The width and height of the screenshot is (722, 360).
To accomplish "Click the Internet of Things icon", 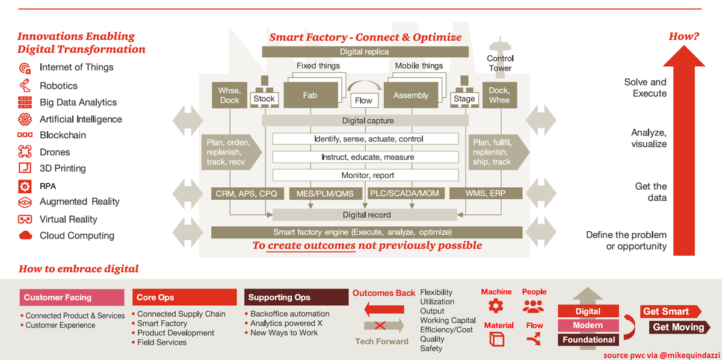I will (x=25, y=68).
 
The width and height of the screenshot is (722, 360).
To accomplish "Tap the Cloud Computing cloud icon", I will (x=25, y=235).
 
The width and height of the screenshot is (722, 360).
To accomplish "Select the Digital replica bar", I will (x=364, y=52).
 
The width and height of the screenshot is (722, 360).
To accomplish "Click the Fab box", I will (x=309, y=95).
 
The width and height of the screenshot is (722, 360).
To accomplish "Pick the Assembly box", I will (x=411, y=95).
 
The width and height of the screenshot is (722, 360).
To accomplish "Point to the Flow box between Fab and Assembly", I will (x=363, y=101).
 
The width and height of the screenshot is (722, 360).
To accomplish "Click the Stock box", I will (x=264, y=99).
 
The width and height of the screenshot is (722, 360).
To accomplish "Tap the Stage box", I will (x=464, y=99).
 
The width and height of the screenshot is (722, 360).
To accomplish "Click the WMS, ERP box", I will (x=490, y=194).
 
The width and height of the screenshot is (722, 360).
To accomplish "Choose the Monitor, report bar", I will (x=368, y=175).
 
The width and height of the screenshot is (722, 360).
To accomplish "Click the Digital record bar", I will (x=366, y=215).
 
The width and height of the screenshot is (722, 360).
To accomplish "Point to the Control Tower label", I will (x=500, y=63).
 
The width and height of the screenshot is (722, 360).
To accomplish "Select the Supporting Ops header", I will (x=297, y=297).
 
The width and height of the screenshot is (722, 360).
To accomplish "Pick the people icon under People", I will (x=533, y=306).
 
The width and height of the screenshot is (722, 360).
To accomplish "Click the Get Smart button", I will (x=669, y=311).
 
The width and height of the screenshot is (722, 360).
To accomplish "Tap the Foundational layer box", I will (x=588, y=340).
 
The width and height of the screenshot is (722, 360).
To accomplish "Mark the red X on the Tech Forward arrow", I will (x=380, y=326).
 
